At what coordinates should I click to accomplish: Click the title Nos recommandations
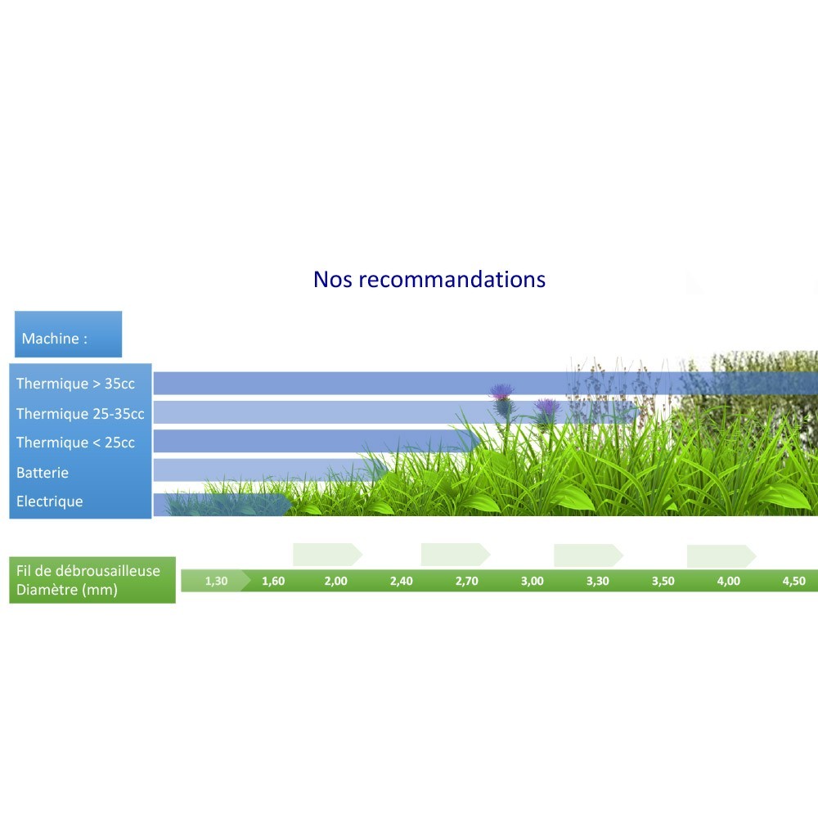pyautogui.click(x=429, y=280)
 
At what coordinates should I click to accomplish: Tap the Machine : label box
pyautogui.click(x=69, y=335)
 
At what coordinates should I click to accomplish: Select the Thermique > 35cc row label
pyautogui.click(x=75, y=384)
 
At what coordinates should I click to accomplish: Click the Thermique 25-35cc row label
pyautogui.click(x=80, y=414)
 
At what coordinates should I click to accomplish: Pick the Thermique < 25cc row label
pyautogui.click(x=75, y=443)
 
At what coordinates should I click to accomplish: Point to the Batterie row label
pyautogui.click(x=43, y=473)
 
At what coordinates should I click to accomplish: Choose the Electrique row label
pyautogui.click(x=50, y=501)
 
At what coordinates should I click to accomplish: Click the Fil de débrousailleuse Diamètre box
pyautogui.click(x=92, y=580)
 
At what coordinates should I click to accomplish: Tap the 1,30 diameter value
pyautogui.click(x=216, y=581)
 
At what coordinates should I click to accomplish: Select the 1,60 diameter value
pyautogui.click(x=273, y=581)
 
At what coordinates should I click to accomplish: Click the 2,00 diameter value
pyautogui.click(x=335, y=581)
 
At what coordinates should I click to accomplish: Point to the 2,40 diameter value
pyautogui.click(x=401, y=581)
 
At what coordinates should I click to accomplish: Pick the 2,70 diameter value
pyautogui.click(x=466, y=581)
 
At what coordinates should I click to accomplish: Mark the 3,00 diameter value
pyautogui.click(x=533, y=581)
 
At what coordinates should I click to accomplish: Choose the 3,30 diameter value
pyautogui.click(x=598, y=581)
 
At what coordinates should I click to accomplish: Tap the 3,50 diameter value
pyautogui.click(x=663, y=581)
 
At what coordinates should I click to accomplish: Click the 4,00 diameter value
pyautogui.click(x=728, y=581)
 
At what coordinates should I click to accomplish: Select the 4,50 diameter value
pyautogui.click(x=794, y=581)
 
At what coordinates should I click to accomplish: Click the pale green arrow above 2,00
pyautogui.click(x=328, y=555)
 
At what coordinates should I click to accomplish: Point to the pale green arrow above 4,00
pyautogui.click(x=721, y=555)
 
